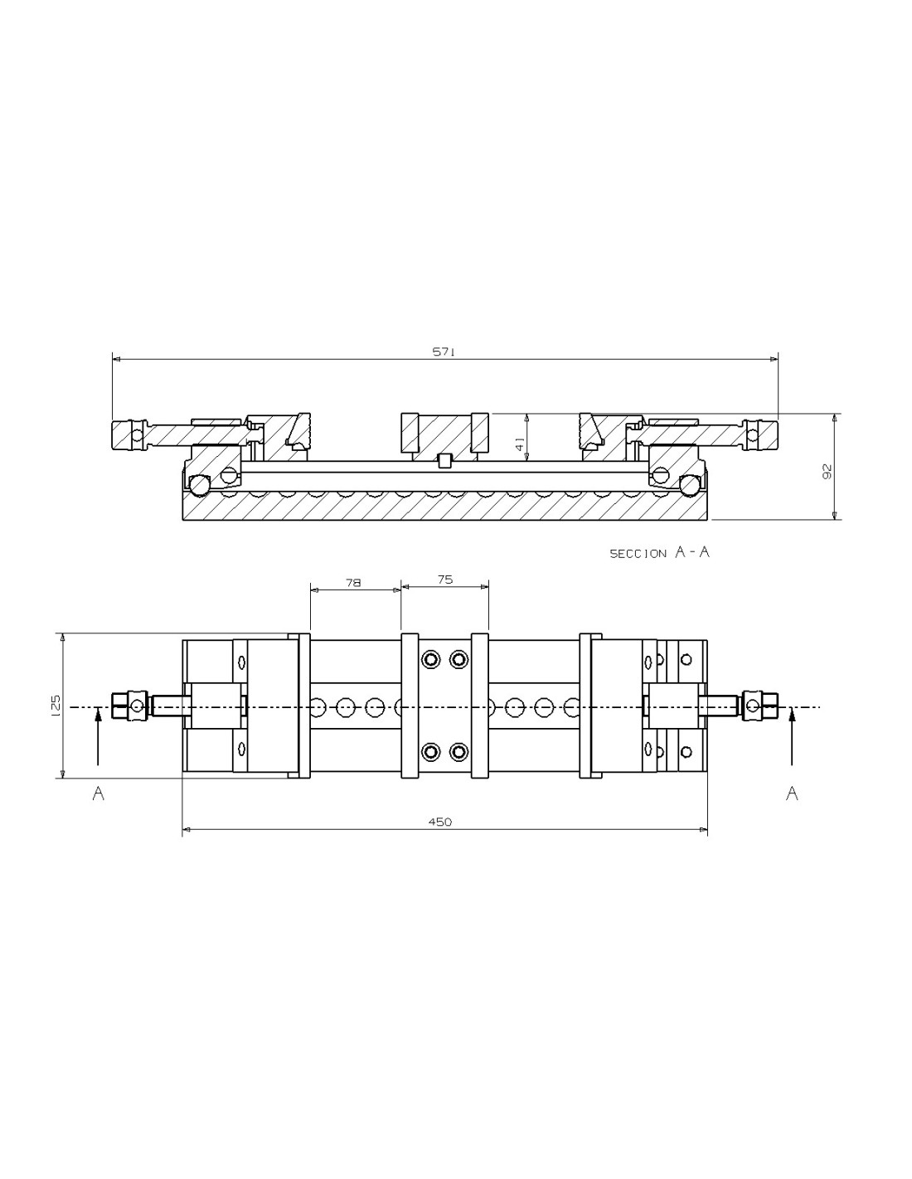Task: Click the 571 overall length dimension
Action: point(443,352)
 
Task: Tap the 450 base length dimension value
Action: point(439,822)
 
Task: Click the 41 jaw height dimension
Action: point(519,445)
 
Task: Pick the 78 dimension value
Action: point(353,583)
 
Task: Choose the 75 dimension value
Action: point(444,580)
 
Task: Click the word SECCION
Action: point(638,554)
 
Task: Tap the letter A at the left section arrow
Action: point(98,793)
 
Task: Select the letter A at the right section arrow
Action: point(792,793)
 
